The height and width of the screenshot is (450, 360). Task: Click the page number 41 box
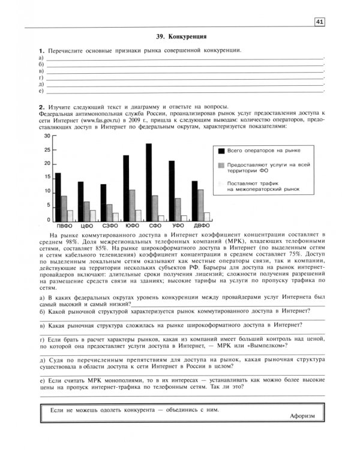click(319, 22)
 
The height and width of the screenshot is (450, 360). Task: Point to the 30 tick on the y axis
click(48, 136)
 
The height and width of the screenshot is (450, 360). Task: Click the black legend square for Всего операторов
click(221, 150)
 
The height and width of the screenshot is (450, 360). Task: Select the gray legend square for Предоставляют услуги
click(221, 165)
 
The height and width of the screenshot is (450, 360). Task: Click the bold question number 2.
click(40, 104)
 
